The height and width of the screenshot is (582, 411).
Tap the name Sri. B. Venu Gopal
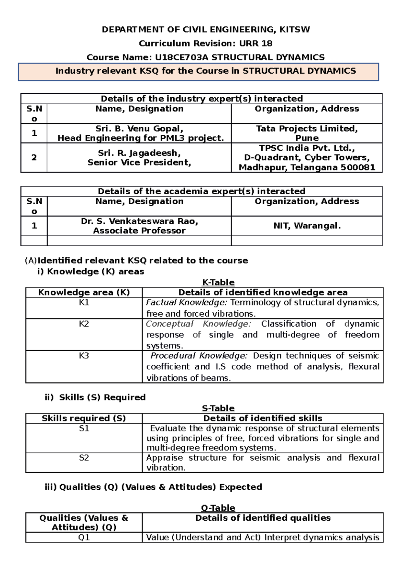pyautogui.click(x=139, y=129)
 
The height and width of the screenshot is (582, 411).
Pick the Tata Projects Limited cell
pyautogui.click(x=307, y=133)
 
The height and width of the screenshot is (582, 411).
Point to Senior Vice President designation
pyautogui.click(x=139, y=162)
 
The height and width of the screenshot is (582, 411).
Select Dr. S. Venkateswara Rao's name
pyautogui.click(x=139, y=221)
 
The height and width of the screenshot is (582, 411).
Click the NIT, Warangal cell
pyautogui.click(x=307, y=226)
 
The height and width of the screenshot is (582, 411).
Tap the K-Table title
pyautogui.click(x=218, y=282)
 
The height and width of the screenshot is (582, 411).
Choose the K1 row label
pyautogui.click(x=84, y=302)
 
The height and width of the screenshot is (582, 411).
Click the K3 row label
pyautogui.click(x=84, y=355)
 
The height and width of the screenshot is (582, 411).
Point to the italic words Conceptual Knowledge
pyautogui.click(x=198, y=324)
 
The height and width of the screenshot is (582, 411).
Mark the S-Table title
pyautogui.click(x=218, y=408)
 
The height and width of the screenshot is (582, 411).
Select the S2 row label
pyautogui.click(x=84, y=458)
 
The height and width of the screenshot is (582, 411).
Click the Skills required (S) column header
pyautogui.click(x=84, y=418)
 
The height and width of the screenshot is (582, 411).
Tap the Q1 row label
pyautogui.click(x=84, y=537)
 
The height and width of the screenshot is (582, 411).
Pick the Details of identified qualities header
pyautogui.click(x=263, y=518)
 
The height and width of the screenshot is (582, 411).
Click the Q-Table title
pyautogui.click(x=218, y=508)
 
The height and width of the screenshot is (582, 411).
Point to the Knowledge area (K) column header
pyautogui.click(x=84, y=292)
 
